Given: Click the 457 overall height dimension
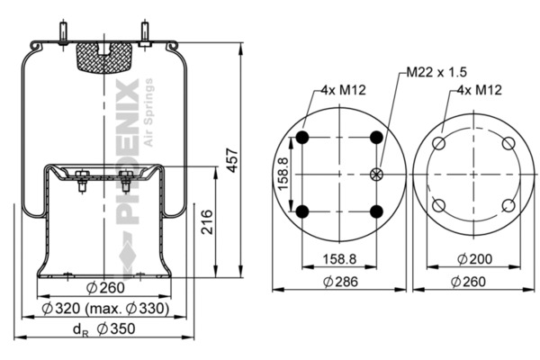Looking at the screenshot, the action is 233,160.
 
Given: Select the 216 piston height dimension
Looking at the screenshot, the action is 207,222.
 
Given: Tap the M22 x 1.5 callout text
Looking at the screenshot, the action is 436,72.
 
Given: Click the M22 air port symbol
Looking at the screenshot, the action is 376,175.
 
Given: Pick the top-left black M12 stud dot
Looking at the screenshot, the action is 302,138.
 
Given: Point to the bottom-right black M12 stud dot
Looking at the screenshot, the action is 376,211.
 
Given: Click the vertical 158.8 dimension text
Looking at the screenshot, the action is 283,174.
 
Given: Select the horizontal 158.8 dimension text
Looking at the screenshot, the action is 339,258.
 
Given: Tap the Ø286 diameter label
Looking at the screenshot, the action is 340,282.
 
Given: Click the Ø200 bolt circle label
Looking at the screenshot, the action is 474,258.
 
